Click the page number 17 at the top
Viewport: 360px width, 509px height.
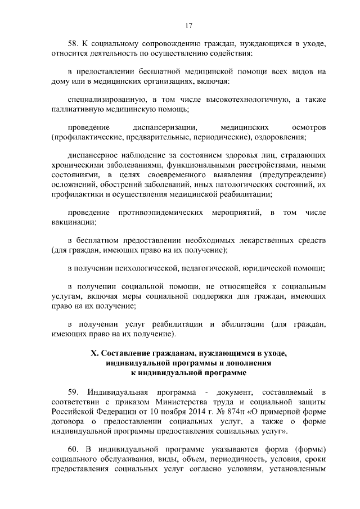188,25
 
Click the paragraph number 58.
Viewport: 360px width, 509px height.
73,43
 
